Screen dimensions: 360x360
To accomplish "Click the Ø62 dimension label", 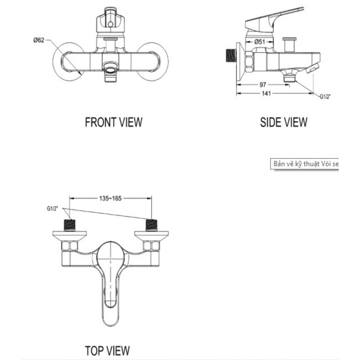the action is point(39,40).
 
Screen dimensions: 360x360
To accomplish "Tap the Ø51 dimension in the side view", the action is point(260,42).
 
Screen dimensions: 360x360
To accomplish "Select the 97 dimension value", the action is point(263,85).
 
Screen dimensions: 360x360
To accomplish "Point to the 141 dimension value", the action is point(266,94).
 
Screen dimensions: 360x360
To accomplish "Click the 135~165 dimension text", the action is point(110,198).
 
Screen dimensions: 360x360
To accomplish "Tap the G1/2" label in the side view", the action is point(325,97).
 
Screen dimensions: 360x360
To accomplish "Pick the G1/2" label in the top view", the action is point(53,209).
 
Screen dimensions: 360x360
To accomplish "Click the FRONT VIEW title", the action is point(114,122).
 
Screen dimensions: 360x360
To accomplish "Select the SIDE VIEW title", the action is point(284,122).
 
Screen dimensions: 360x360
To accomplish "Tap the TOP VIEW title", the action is point(108,351).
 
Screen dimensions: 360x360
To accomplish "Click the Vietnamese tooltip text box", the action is point(305,164).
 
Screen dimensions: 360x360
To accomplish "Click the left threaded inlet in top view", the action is point(70,225).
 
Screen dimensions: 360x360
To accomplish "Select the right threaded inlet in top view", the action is point(152,225).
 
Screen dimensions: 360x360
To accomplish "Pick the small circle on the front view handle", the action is point(111,24).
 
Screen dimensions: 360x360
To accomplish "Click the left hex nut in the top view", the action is point(70,246).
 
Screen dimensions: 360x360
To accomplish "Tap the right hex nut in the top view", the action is point(152,246).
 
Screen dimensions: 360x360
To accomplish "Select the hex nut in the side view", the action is point(249,62).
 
